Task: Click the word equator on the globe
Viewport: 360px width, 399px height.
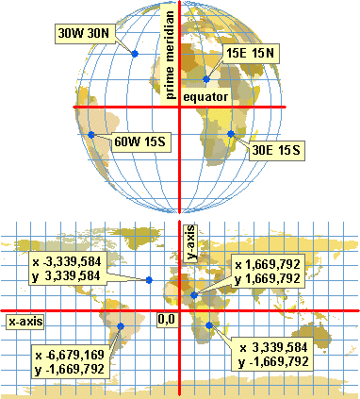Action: pyautogui.click(x=206, y=96)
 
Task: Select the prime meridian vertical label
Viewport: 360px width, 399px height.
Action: pyautogui.click(x=171, y=57)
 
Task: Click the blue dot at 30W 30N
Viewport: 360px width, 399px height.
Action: pyautogui.click(x=135, y=54)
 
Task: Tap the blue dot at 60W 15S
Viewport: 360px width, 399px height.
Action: pyautogui.click(x=91, y=135)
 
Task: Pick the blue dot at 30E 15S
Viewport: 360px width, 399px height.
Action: pyautogui.click(x=232, y=135)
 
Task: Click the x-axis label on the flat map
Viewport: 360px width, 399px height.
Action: pyautogui.click(x=26, y=322)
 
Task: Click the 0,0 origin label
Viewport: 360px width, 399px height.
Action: pyautogui.click(x=167, y=321)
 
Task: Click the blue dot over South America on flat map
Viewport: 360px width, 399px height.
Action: pyautogui.click(x=121, y=327)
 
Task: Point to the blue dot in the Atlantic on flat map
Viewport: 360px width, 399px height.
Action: pyautogui.click(x=149, y=280)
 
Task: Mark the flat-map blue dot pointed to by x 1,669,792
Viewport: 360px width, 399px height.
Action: pyautogui.click(x=194, y=295)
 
